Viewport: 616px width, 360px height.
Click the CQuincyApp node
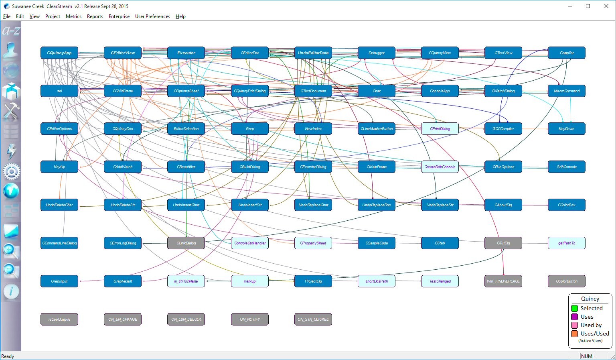(x=59, y=53)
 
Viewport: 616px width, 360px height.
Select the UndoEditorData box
(x=313, y=53)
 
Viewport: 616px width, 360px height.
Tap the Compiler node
(x=567, y=53)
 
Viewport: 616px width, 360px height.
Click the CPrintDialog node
(x=440, y=129)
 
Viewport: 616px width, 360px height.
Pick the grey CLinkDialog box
(x=186, y=243)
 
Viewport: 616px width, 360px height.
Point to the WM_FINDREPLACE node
(x=503, y=281)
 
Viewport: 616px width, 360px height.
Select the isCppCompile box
(x=59, y=319)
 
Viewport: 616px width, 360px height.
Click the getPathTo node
(x=567, y=243)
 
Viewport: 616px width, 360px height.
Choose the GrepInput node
(x=59, y=281)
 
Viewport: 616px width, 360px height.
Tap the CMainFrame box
(x=377, y=167)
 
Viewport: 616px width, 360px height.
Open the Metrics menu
(x=73, y=16)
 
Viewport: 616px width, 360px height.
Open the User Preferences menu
(x=152, y=16)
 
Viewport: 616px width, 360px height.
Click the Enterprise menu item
(x=119, y=16)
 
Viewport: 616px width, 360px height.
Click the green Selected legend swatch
(x=574, y=308)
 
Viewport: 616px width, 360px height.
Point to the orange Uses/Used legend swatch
(x=574, y=334)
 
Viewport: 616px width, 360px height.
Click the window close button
(x=606, y=6)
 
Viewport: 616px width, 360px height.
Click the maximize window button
(x=588, y=6)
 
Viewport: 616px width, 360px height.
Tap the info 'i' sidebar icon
(x=11, y=291)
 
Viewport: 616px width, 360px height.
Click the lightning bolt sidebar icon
(x=11, y=151)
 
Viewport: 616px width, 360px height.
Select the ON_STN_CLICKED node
(x=313, y=319)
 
